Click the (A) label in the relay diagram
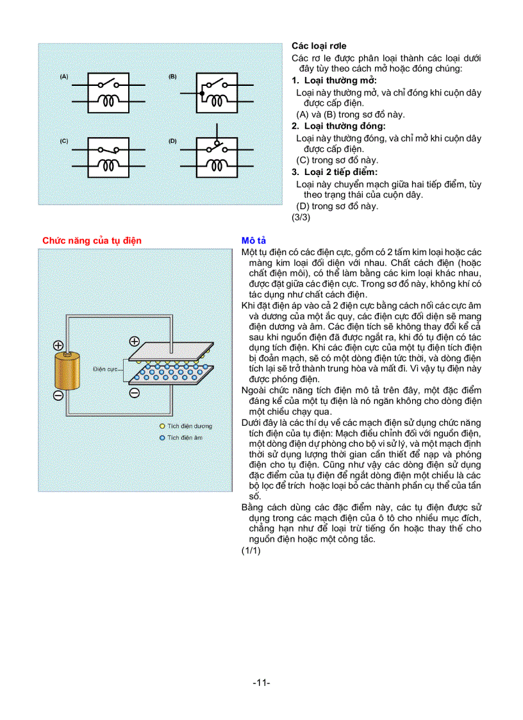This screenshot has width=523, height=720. point(64,76)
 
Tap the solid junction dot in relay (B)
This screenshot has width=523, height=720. point(202,94)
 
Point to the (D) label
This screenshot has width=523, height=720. point(172,140)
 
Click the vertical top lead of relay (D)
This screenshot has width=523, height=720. point(216,132)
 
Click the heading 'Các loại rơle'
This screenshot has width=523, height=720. point(319,46)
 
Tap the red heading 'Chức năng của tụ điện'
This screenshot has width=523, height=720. point(92,240)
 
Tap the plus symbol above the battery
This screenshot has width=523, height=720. point(58,344)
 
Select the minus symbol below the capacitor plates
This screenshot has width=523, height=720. point(135,393)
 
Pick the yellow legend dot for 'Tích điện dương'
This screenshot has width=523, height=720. point(163,426)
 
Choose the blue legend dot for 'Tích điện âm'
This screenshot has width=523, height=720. point(163,437)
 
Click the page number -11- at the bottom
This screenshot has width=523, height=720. point(261,683)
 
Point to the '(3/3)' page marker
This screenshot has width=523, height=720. point(301,217)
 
